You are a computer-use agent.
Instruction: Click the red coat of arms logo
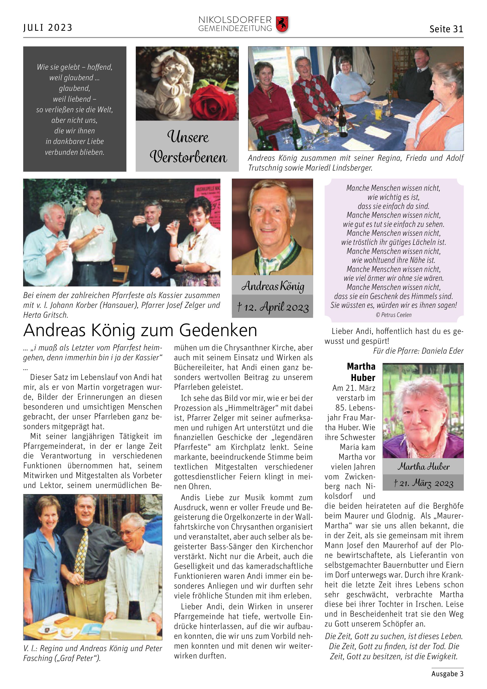point(282,24)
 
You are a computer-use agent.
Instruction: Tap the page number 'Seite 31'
point(446,29)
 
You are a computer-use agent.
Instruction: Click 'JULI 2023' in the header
point(48,28)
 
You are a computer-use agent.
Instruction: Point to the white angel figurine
point(171,81)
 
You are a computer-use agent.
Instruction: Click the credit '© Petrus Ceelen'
point(394,315)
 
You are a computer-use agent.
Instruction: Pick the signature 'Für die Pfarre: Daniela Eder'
point(418,351)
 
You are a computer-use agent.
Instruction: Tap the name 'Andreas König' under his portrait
point(273,286)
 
